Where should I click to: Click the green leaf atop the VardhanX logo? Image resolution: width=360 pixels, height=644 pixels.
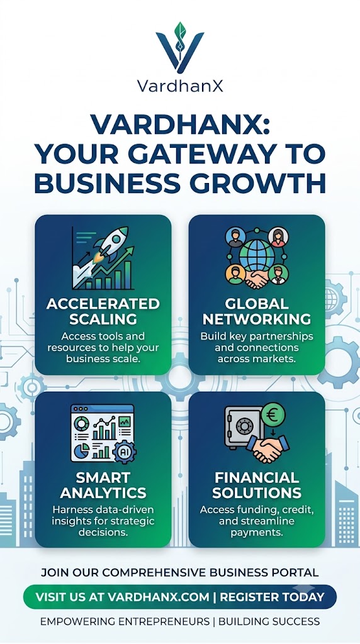click(x=180, y=30)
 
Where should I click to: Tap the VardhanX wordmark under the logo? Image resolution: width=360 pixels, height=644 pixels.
click(x=180, y=86)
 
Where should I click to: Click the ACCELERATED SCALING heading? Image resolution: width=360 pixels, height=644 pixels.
click(x=103, y=311)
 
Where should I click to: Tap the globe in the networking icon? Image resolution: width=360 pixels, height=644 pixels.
click(x=257, y=254)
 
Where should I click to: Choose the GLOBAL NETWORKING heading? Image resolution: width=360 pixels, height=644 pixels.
click(x=257, y=311)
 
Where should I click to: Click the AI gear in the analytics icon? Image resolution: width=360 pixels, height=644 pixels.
click(x=125, y=451)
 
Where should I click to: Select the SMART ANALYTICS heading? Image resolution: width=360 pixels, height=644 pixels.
click(x=103, y=485)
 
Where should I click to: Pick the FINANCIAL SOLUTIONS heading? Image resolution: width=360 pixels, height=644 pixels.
click(x=257, y=485)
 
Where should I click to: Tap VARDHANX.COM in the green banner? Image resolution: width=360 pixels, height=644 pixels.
click(x=159, y=597)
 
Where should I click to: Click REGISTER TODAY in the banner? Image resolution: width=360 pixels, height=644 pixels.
click(x=272, y=597)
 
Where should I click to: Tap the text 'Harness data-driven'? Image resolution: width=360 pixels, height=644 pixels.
click(x=103, y=510)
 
